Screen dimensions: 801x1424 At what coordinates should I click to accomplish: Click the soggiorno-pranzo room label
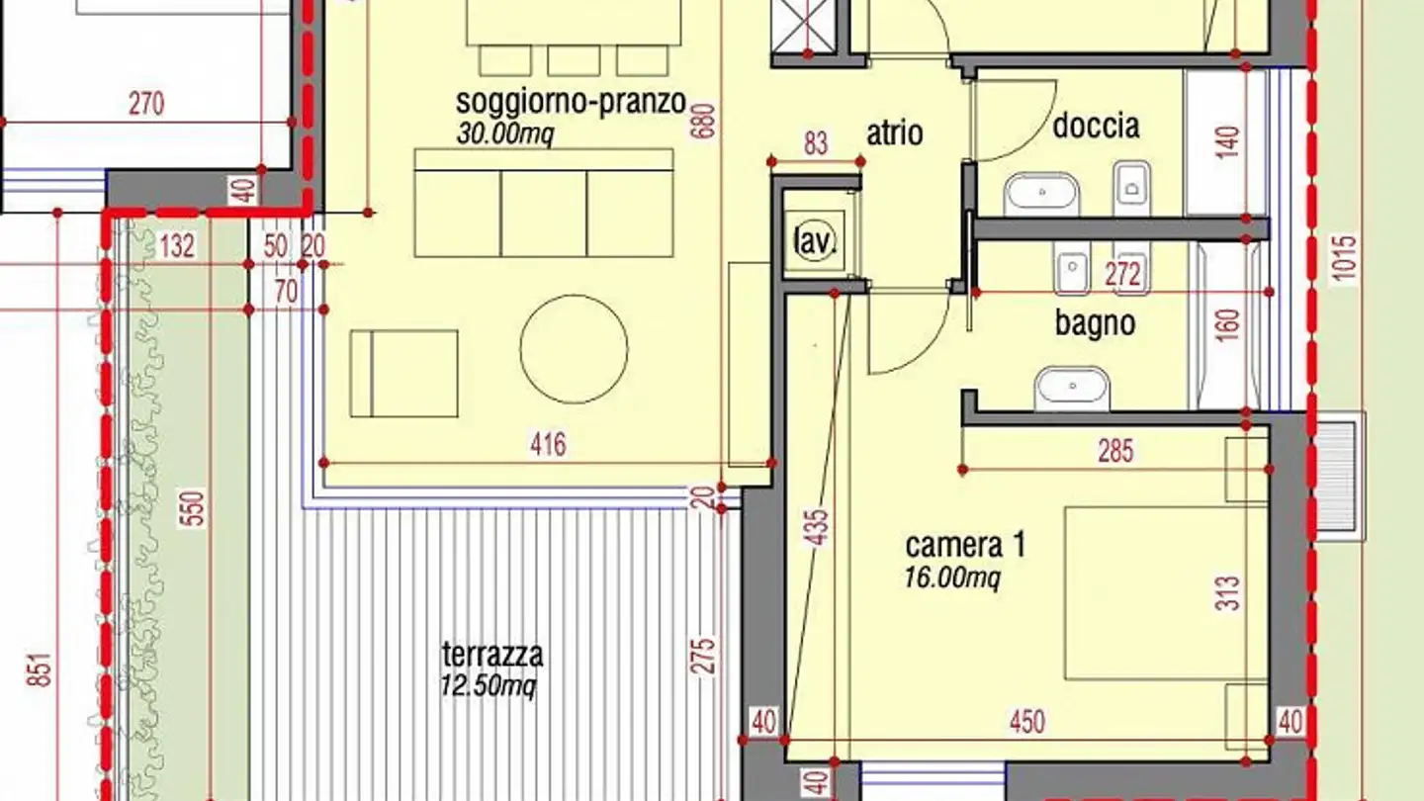point(571,102)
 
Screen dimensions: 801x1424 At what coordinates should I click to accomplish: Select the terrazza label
point(491,654)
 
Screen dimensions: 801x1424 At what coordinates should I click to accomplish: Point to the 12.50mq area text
point(489,685)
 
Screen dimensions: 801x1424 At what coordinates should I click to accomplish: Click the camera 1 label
point(964,545)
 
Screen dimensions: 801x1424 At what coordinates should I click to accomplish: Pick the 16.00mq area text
point(951,577)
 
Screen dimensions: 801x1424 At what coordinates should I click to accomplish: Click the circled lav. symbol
point(815,239)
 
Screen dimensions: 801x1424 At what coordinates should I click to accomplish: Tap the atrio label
point(895,133)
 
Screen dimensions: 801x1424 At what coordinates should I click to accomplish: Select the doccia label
point(1095,126)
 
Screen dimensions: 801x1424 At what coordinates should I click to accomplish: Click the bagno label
point(1095,323)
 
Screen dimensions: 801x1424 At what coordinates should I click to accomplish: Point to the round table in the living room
point(574,349)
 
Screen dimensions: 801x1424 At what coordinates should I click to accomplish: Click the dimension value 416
point(548,444)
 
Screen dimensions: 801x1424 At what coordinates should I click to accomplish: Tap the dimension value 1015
point(1346,259)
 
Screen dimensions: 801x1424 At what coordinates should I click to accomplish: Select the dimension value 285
point(1115,452)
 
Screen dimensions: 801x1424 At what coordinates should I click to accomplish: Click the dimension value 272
point(1122,275)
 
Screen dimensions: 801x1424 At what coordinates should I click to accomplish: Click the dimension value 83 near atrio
point(815,144)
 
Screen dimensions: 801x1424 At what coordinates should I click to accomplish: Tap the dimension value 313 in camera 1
point(1228,593)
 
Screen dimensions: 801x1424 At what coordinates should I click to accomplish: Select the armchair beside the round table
point(403,373)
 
